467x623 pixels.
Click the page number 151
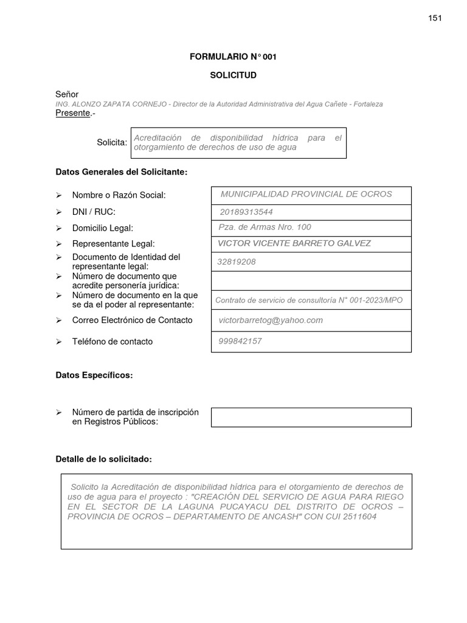[x=435, y=18]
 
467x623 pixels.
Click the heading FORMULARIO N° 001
[x=233, y=57]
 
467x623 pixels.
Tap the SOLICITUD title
[x=233, y=75]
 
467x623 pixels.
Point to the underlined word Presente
[x=72, y=113]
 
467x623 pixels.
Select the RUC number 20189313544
[x=246, y=212]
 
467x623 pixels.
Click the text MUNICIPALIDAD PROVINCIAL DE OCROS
[x=306, y=194]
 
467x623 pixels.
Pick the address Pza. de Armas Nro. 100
[x=265, y=227]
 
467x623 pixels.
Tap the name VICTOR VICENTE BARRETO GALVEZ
[x=294, y=243]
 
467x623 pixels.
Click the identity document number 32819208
[x=237, y=262]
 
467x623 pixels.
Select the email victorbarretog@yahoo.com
[x=271, y=320]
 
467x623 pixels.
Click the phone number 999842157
[x=240, y=341]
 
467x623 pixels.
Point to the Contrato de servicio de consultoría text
[x=309, y=301]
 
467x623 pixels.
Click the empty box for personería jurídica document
[x=311, y=281]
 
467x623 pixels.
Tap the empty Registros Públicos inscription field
[x=311, y=417]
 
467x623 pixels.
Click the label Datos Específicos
[x=94, y=375]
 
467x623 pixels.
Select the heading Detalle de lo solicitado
[x=103, y=459]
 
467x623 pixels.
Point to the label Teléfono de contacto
[x=112, y=341]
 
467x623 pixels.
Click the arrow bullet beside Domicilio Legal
[x=59, y=228]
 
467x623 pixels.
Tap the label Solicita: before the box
[x=112, y=142]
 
